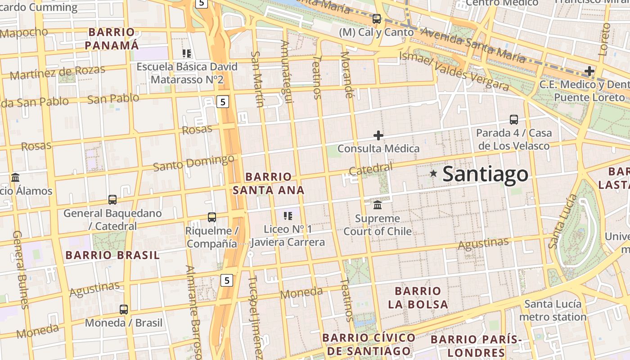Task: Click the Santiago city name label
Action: click(485, 174)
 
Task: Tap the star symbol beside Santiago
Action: click(433, 173)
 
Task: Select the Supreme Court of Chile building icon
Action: click(378, 205)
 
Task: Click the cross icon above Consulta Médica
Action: click(378, 135)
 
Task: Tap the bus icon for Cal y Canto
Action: click(377, 19)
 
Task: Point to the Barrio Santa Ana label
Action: click(269, 183)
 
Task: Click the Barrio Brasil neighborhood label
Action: click(112, 255)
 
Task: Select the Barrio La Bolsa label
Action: click(418, 297)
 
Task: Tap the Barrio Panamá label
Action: click(112, 39)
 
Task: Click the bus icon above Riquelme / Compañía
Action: click(212, 217)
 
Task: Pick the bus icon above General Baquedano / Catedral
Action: click(112, 199)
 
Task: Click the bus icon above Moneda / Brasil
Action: click(124, 310)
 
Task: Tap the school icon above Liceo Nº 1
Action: click(288, 216)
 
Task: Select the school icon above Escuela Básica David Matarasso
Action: click(187, 54)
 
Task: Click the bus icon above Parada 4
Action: click(514, 120)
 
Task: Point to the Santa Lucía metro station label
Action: click(553, 310)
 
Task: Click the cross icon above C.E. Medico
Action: click(589, 71)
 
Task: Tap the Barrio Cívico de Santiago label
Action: click(369, 344)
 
